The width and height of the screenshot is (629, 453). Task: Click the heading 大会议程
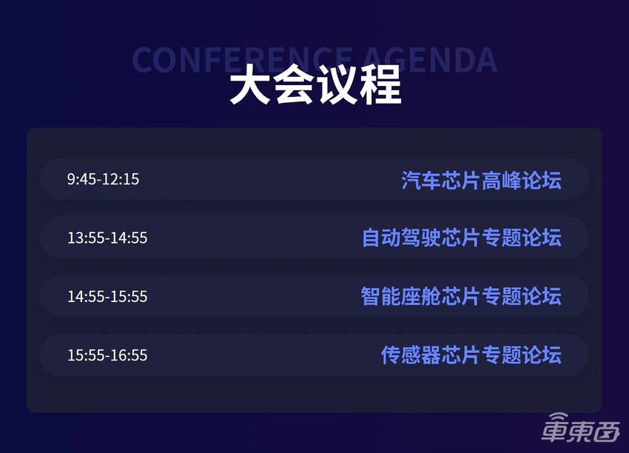[x=314, y=86]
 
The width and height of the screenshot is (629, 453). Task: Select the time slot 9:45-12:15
[x=103, y=179]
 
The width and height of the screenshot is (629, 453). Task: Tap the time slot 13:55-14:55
[x=107, y=238]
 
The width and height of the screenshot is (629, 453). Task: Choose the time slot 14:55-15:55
[x=107, y=297]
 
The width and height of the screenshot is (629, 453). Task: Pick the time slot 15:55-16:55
[x=107, y=355]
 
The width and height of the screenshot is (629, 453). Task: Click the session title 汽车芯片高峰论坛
[x=481, y=180]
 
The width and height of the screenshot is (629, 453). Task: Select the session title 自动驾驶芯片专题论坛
[x=461, y=238]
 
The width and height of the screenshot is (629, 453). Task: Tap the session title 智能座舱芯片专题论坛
[x=461, y=296]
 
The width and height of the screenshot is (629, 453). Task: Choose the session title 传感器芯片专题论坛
[x=471, y=355]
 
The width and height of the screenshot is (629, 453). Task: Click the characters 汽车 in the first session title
[x=421, y=180]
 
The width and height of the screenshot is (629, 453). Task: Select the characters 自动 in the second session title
[x=381, y=238]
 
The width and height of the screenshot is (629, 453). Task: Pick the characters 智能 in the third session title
[x=381, y=296]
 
